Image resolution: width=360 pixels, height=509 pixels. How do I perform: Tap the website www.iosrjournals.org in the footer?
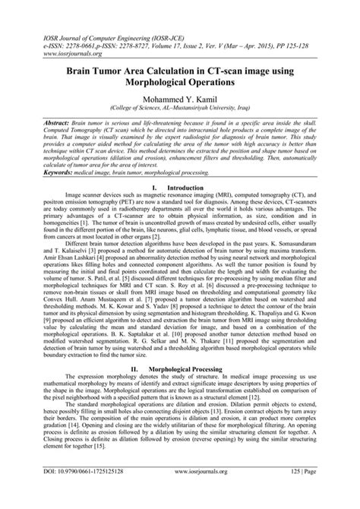tap(182, 493)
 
